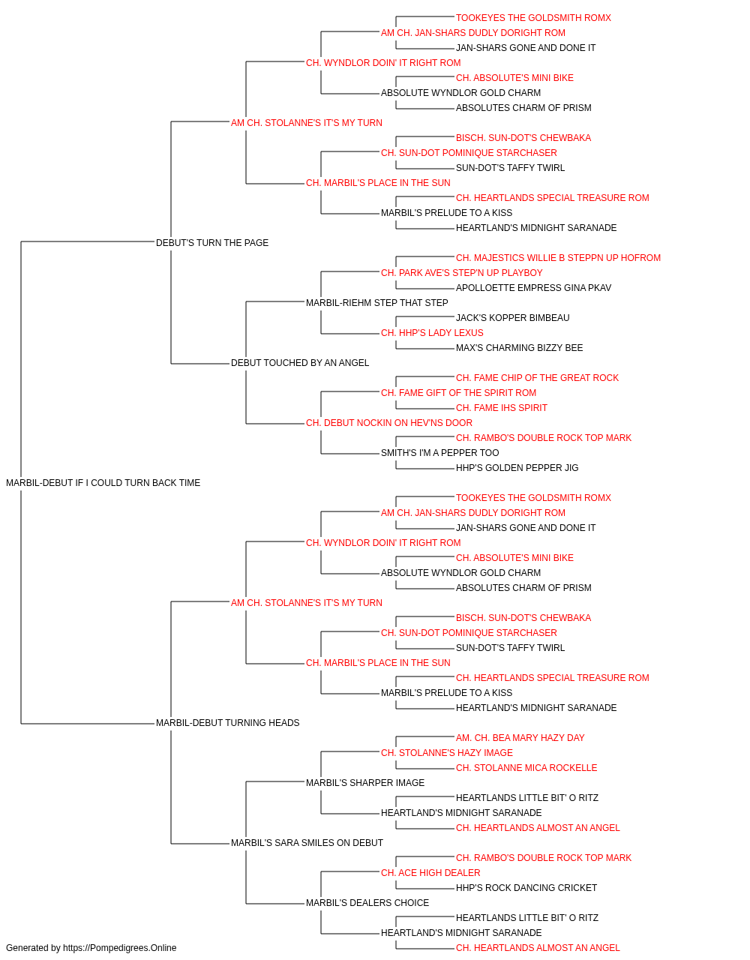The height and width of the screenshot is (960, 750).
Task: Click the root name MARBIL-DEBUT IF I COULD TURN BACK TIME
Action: pyautogui.click(x=103, y=483)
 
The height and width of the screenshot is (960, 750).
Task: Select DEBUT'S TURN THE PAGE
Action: pyautogui.click(x=212, y=243)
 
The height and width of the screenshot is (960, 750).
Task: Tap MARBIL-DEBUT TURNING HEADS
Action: pyautogui.click(x=227, y=723)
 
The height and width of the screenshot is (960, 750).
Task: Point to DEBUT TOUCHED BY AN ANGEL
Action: pyautogui.click(x=300, y=363)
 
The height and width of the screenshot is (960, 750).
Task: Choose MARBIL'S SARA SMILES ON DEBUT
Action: pyautogui.click(x=307, y=843)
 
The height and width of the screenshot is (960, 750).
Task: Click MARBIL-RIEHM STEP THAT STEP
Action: pyautogui.click(x=376, y=302)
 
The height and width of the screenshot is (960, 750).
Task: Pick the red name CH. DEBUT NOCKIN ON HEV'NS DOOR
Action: pyautogui.click(x=389, y=423)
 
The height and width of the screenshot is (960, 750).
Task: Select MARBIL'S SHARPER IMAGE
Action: pyautogui.click(x=365, y=783)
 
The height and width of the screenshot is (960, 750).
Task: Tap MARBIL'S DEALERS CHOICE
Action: pyautogui.click(x=367, y=903)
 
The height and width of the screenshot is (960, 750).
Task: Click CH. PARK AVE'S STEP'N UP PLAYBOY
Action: pyautogui.click(x=461, y=273)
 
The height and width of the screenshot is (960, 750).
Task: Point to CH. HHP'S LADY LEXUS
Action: pyautogui.click(x=432, y=333)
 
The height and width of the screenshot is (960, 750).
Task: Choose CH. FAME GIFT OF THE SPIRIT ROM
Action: pyautogui.click(x=458, y=393)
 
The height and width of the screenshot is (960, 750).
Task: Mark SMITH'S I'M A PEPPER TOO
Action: pyautogui.click(x=440, y=453)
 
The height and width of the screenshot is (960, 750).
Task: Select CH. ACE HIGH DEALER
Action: pyautogui.click(x=430, y=873)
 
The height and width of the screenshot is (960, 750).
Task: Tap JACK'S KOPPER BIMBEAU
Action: pyautogui.click(x=512, y=318)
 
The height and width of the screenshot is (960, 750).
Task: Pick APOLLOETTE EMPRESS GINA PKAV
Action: pyautogui.click(x=533, y=288)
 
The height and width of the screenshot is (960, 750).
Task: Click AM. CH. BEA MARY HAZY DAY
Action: pyautogui.click(x=520, y=738)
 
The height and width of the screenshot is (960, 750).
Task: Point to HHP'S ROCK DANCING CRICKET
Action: pyautogui.click(x=526, y=888)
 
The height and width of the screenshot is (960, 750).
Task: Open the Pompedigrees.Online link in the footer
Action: pyautogui.click(x=119, y=948)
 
